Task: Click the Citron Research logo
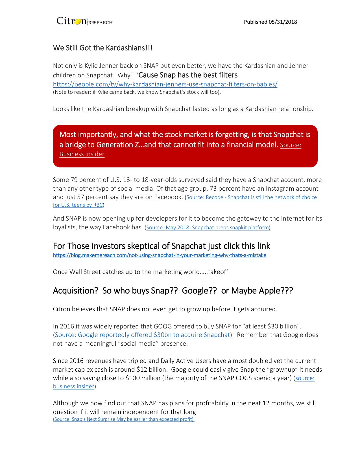click(84, 21)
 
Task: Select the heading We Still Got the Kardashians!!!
click(103, 48)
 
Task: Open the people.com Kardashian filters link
click(165, 84)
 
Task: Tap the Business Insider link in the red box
click(82, 154)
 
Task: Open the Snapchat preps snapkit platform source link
click(208, 228)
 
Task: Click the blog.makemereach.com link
click(160, 255)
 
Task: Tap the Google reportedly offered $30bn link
click(143, 335)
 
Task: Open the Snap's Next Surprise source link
click(124, 419)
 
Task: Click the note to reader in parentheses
click(137, 92)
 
